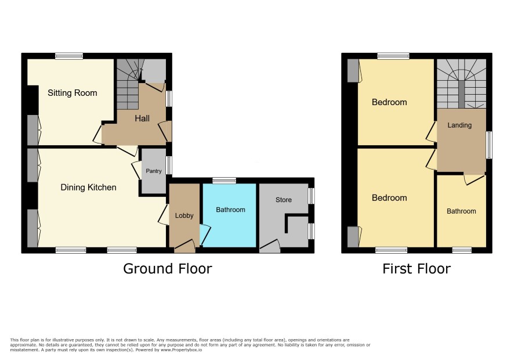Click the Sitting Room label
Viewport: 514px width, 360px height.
pos(72,93)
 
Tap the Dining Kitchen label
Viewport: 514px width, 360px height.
pos(89,188)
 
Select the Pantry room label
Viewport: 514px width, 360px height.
pos(154,171)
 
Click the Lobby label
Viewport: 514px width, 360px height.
pos(184,215)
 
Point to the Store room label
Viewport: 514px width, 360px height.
pos(284,200)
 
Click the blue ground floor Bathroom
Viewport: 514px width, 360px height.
pos(230,215)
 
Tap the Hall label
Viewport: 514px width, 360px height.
pos(142,118)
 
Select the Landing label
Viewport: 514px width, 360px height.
pos(459,125)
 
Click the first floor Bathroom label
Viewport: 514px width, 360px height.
pos(461,211)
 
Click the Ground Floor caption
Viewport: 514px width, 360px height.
pos(168,268)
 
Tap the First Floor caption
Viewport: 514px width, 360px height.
pos(417,269)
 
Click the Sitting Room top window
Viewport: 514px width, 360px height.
pos(69,56)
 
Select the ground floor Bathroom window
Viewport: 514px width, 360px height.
pos(224,181)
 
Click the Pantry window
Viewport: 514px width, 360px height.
pos(169,165)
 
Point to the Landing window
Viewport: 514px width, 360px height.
pos(488,145)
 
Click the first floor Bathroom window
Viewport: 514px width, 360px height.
pos(462,250)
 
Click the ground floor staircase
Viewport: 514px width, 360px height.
pos(128,84)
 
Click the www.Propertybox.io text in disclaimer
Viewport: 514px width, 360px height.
pos(181,350)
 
